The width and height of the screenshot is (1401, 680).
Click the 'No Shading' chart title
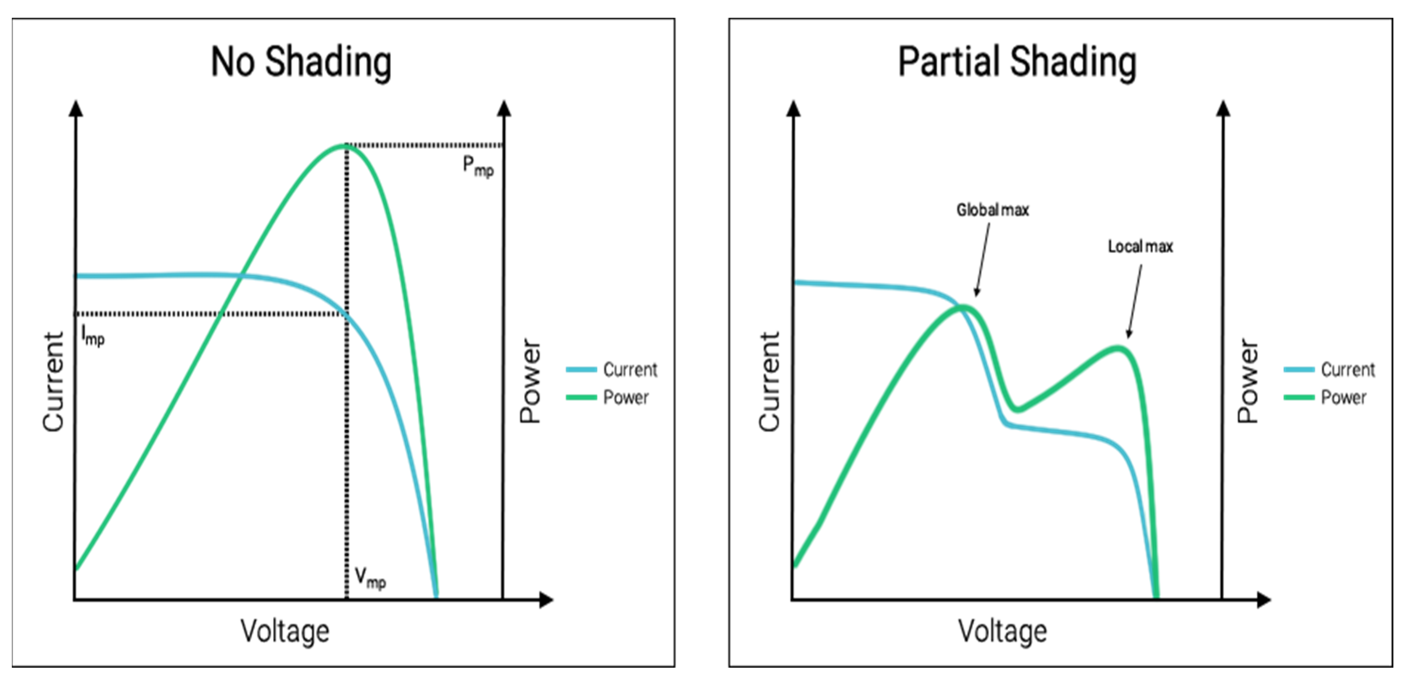coord(301,62)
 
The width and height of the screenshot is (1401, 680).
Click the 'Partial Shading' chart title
coord(1017,62)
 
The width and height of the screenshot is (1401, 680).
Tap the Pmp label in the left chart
coord(478,166)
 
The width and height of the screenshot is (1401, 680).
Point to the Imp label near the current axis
coord(92,335)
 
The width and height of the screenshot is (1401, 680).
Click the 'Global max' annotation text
coord(992,210)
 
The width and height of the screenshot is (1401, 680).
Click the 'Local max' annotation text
coord(1141,247)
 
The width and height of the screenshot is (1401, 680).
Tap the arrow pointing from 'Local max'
coord(1135,302)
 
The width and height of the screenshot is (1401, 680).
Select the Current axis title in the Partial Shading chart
coord(769,382)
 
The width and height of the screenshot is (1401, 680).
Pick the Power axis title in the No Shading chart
coord(530,381)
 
